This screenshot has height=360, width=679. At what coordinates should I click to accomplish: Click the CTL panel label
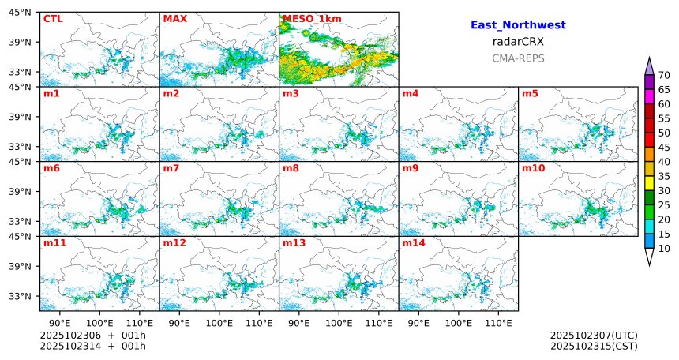tap(53, 19)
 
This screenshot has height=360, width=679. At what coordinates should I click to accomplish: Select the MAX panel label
tap(174, 19)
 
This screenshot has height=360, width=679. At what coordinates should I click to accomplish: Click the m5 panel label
tap(530, 94)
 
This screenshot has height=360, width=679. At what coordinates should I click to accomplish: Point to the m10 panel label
tap(533, 168)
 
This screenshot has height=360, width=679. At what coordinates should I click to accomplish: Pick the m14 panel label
tap(413, 243)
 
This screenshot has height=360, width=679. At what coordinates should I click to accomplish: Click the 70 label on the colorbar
tap(664, 75)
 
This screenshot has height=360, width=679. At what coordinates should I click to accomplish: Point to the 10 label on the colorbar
tap(664, 249)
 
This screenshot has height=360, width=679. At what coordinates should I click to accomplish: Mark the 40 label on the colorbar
tap(664, 162)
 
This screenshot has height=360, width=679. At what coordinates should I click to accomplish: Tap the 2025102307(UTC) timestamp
tap(594, 336)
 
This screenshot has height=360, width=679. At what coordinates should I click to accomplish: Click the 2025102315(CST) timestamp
tap(594, 346)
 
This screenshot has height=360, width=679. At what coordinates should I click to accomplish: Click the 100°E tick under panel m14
tap(458, 323)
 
